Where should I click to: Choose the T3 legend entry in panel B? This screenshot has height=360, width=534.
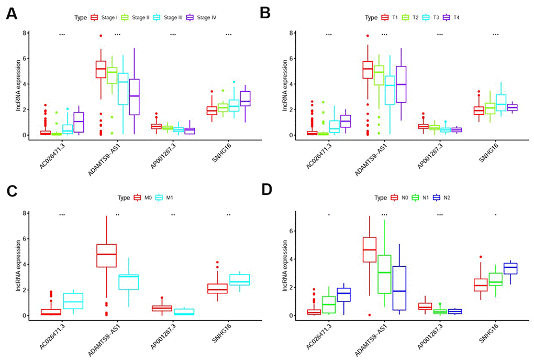coord(432,17)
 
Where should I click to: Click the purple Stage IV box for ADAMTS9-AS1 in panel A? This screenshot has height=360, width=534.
coord(133,97)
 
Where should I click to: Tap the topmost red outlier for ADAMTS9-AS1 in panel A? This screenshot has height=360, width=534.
coord(101,36)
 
